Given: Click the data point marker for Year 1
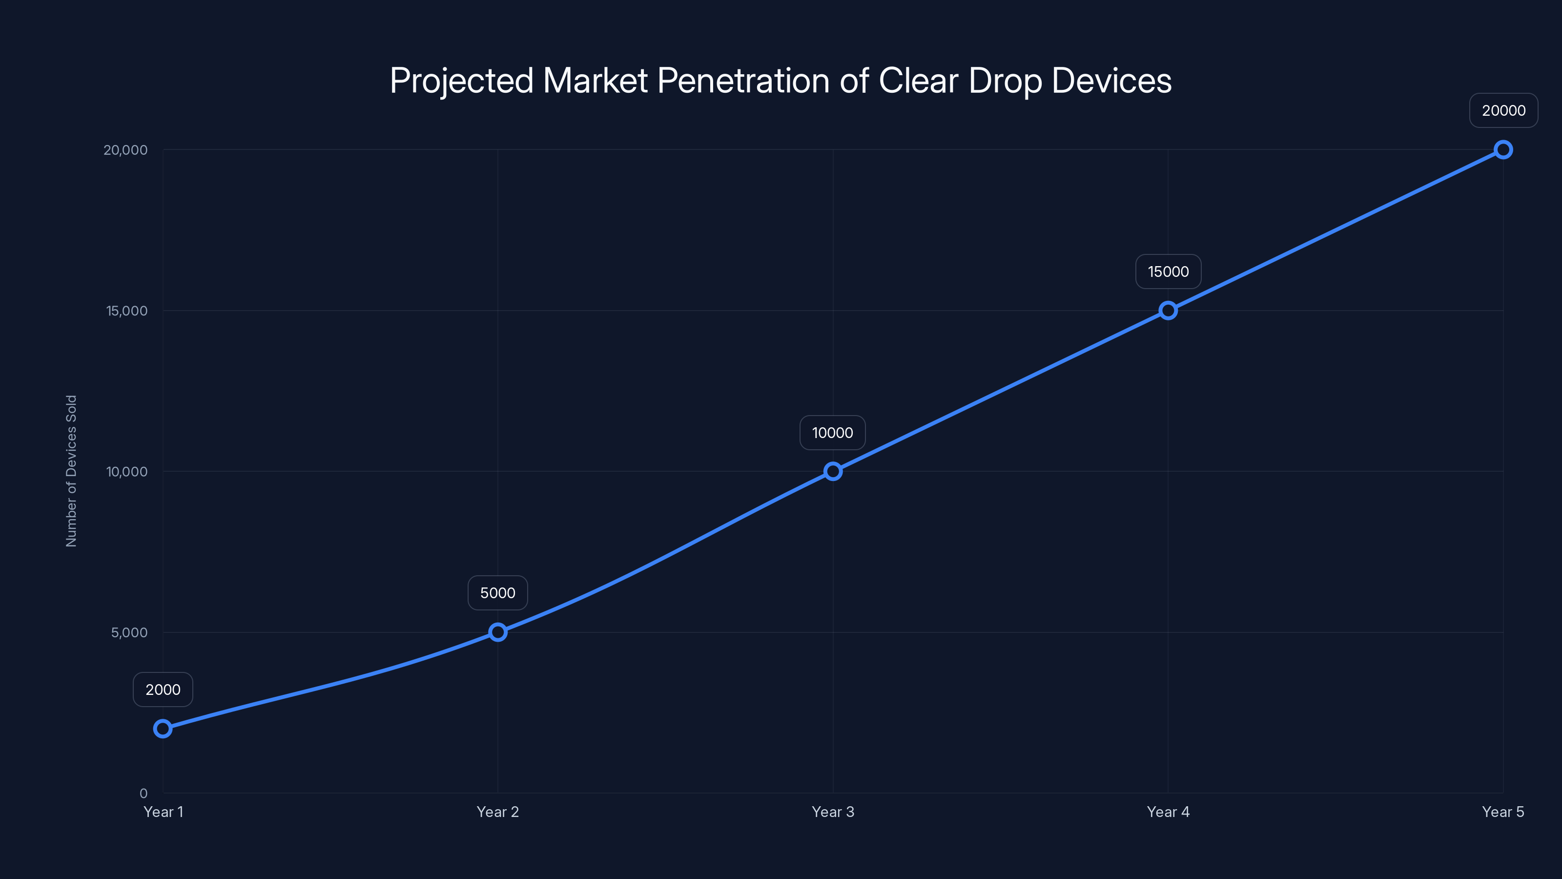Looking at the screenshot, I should pyautogui.click(x=163, y=729).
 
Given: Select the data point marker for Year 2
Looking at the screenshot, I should pyautogui.click(x=498, y=632).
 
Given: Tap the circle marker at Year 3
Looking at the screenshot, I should pyautogui.click(x=833, y=471).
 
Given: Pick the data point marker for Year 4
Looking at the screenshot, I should pyautogui.click(x=1168, y=311).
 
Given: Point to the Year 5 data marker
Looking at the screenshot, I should pyautogui.click(x=1503, y=150).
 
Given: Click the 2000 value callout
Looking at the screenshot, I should pyautogui.click(x=163, y=690).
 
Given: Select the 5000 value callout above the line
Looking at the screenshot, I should pyautogui.click(x=498, y=593).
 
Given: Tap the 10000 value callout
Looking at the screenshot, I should pyautogui.click(x=833, y=433).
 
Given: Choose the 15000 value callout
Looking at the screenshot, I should pyautogui.click(x=1168, y=272).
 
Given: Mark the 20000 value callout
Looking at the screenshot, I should pyautogui.click(x=1503, y=110).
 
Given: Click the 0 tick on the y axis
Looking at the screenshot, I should pyautogui.click(x=144, y=794).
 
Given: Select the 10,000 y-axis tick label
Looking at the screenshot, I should pyautogui.click(x=127, y=472).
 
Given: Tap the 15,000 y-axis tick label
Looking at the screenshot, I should pyautogui.click(x=127, y=311).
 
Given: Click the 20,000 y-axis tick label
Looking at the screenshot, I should pyautogui.click(x=125, y=150).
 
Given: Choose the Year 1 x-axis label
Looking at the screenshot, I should pyautogui.click(x=163, y=812).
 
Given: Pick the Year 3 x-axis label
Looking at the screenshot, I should pyautogui.click(x=833, y=812).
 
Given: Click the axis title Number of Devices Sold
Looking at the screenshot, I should pyautogui.click(x=72, y=471).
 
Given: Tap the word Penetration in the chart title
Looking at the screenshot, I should pyautogui.click(x=743, y=81).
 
